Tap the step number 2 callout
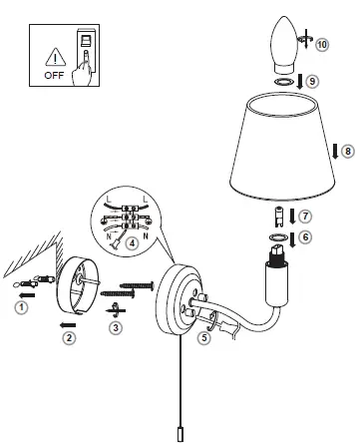coord(69,338)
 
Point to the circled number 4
coord(132,240)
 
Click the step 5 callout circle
coord(203,338)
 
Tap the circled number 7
coord(305,215)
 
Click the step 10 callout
coord(321,45)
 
